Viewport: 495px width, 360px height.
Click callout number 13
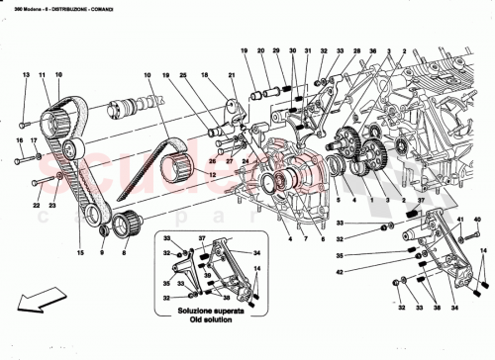pos(26,75)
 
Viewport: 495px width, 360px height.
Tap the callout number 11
pos(43,75)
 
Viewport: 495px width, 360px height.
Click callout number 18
pos(204,75)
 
